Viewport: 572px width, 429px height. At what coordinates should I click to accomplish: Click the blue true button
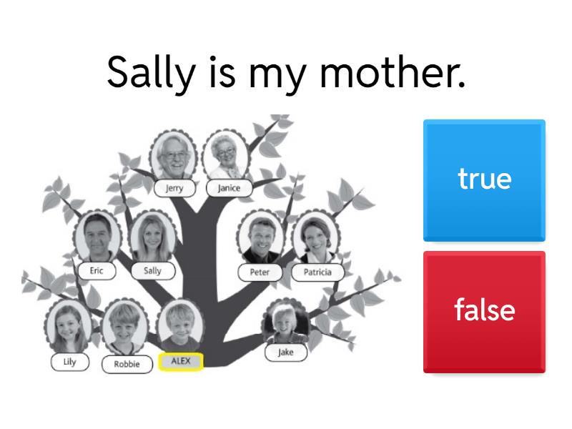point(484,180)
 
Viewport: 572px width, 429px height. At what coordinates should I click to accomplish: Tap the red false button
point(484,312)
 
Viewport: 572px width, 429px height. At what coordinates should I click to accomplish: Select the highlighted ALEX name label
point(181,362)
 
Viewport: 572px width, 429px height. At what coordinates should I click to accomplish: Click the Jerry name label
point(174,188)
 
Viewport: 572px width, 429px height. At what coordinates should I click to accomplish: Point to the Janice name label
point(229,188)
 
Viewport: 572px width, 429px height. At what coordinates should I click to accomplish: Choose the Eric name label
point(97,271)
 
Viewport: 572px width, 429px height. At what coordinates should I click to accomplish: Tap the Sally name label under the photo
point(153,271)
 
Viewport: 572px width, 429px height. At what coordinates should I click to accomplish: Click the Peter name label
point(260,272)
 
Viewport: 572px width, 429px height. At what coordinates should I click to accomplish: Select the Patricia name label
point(317,272)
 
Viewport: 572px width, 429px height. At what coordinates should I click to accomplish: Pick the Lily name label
point(69,362)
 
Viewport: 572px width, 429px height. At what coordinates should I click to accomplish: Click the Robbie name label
point(127,364)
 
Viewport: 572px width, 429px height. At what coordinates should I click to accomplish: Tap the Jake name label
point(285,352)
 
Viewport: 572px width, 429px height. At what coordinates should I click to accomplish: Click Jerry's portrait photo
point(174,156)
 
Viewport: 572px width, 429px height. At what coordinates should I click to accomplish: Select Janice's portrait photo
point(226,156)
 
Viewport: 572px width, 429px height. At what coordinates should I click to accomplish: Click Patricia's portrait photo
point(316,237)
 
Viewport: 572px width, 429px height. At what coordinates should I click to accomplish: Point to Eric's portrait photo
point(97,237)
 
